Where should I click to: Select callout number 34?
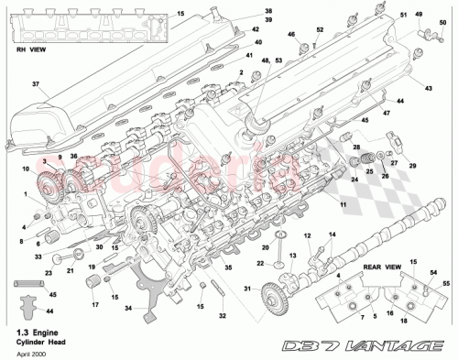[128, 307]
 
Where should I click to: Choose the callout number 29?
[411, 165]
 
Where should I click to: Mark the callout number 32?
[221, 316]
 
